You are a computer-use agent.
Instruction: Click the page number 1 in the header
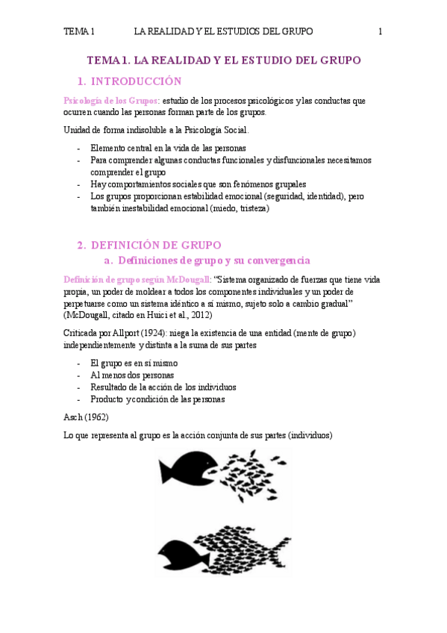(x=381, y=31)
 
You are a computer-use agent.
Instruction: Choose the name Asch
(x=75, y=418)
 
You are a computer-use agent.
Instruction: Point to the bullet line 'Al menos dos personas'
(x=131, y=375)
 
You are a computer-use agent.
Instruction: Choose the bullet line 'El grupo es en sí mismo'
(x=134, y=363)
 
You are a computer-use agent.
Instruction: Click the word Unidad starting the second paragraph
(x=79, y=130)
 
